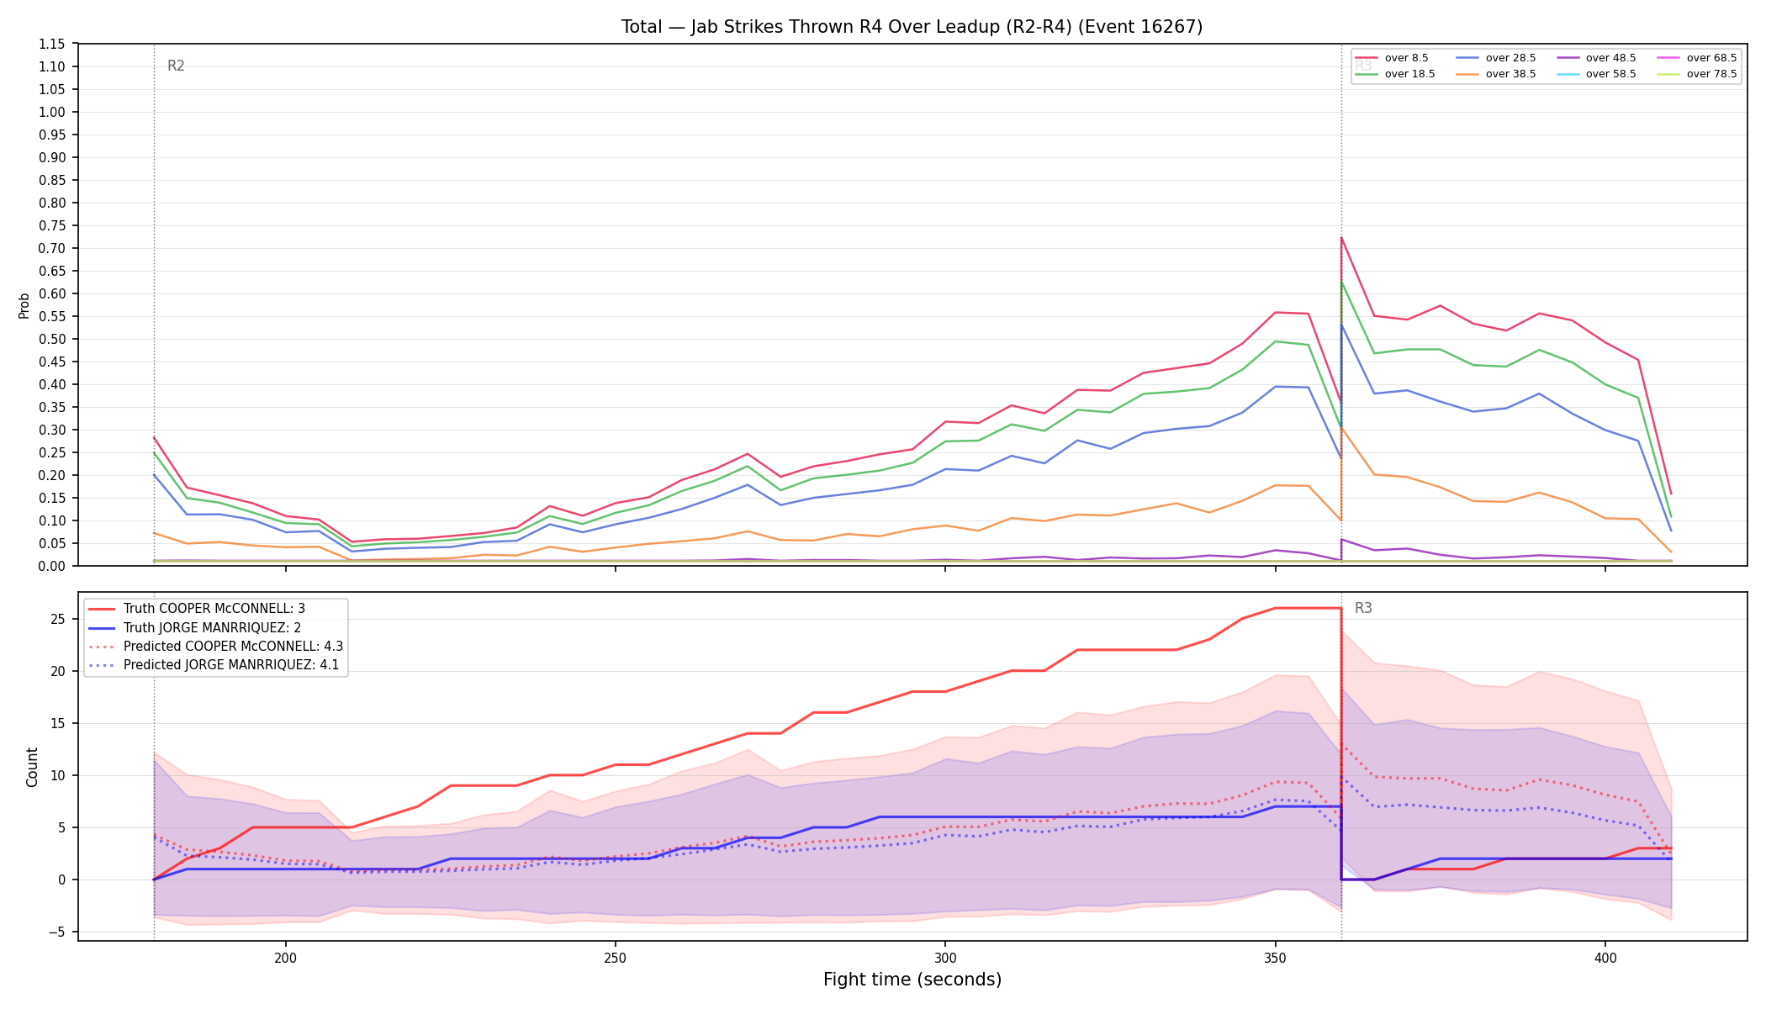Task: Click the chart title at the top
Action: (912, 27)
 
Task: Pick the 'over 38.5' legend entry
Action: (1496, 74)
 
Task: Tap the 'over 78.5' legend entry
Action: (1697, 74)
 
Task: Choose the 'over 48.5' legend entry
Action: (1596, 58)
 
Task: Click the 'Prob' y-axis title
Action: (24, 305)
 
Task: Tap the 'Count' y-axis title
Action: (33, 767)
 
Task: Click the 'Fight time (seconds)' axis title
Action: (912, 980)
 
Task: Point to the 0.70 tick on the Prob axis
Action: (52, 248)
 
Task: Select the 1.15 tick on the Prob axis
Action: (52, 44)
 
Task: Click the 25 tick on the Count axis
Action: (58, 620)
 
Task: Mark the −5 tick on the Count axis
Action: (58, 932)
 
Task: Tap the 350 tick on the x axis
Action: (1275, 958)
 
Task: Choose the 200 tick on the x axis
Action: (285, 958)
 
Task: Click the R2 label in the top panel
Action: (176, 66)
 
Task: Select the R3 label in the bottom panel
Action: (1363, 609)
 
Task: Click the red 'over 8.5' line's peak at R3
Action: (1341, 237)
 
